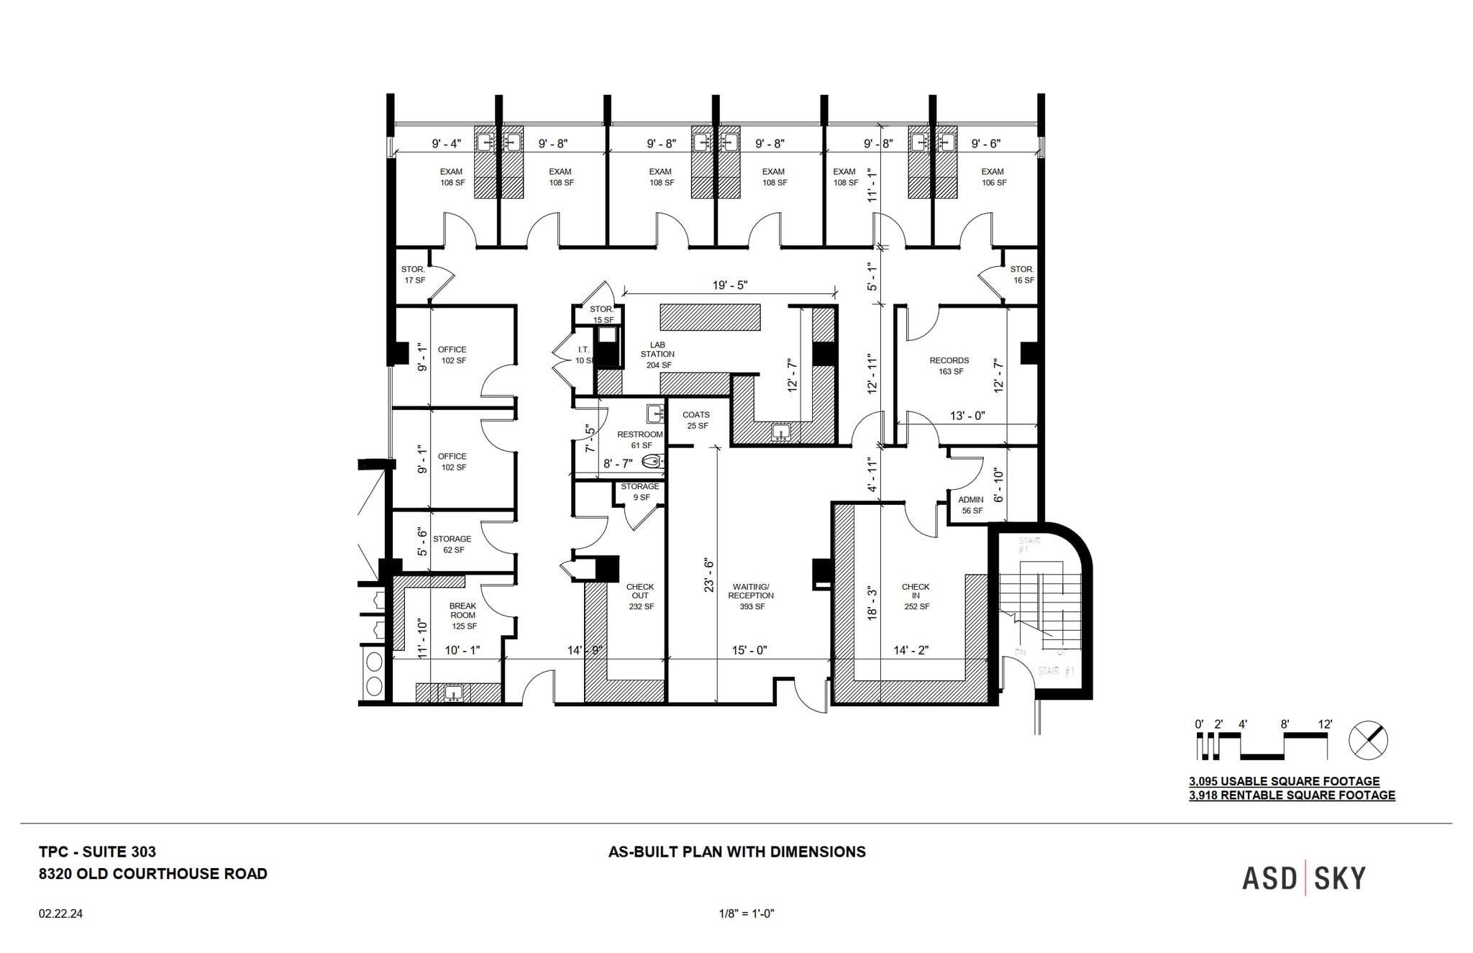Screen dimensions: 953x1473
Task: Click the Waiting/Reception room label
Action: click(751, 596)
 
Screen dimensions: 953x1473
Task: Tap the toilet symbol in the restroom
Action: click(652, 462)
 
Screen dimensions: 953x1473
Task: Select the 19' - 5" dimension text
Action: click(730, 286)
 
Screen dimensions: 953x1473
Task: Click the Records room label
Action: click(949, 365)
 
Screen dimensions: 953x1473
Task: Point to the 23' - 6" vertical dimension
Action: click(708, 575)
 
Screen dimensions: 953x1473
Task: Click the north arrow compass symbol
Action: click(1368, 740)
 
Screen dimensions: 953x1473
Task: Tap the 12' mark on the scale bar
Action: click(1325, 725)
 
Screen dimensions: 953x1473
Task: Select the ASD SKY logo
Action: click(1303, 879)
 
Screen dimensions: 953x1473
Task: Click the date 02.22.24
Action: click(61, 914)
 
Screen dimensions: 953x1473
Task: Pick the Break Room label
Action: click(463, 616)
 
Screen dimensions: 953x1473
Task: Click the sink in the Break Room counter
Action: click(452, 693)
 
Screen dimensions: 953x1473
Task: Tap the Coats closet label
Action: click(696, 420)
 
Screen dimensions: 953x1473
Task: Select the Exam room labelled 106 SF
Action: click(993, 177)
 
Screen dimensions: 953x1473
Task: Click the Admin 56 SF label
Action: click(971, 505)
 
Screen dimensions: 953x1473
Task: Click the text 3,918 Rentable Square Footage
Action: click(1292, 795)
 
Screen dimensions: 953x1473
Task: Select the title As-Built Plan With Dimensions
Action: click(737, 852)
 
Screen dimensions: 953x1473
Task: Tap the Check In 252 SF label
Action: click(916, 596)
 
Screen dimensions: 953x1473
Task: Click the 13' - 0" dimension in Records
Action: click(967, 416)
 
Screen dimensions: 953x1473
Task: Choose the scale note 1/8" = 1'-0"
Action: click(746, 914)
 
